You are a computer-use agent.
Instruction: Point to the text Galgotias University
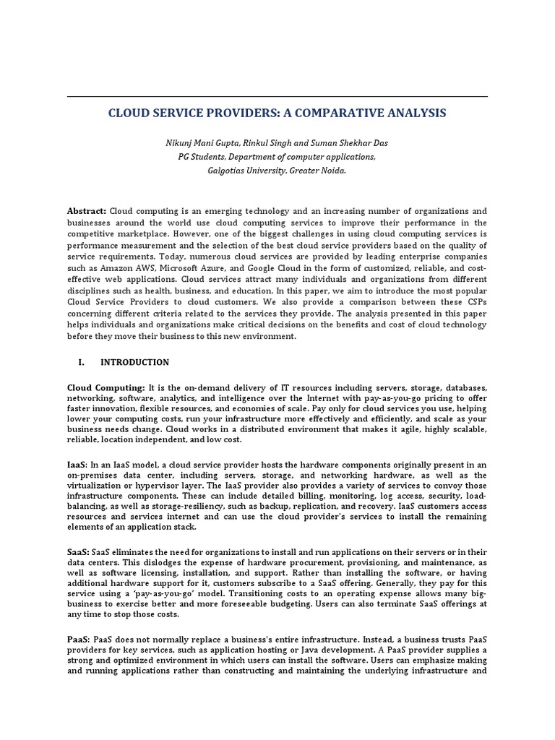tap(239, 171)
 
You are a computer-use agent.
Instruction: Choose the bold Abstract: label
tap(87, 210)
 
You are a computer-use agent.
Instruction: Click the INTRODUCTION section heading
tap(134, 362)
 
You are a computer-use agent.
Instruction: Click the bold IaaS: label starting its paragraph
tap(78, 463)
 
